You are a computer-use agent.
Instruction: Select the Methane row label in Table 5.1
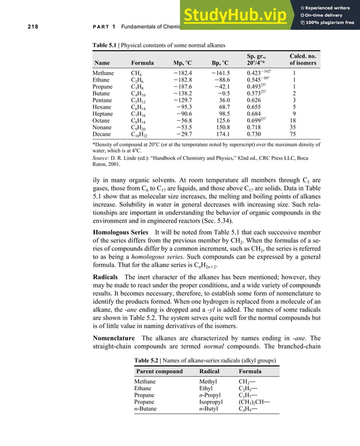tap(103, 73)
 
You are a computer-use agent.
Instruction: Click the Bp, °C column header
tap(217, 63)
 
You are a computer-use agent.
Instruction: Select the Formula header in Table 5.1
tap(142, 63)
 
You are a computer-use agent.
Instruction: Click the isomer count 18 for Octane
tap(292, 121)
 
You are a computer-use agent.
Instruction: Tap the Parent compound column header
tap(160, 371)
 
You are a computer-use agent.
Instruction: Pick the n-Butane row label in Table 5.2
tap(150, 408)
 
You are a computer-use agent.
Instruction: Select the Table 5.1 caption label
tap(108, 45)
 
